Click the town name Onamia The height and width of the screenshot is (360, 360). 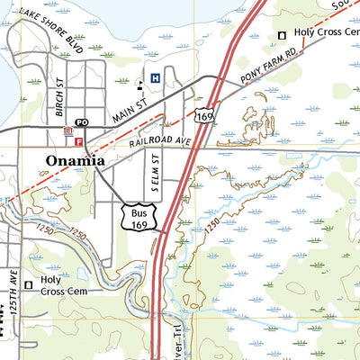[76, 160]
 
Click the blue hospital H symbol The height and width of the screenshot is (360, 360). [156, 79]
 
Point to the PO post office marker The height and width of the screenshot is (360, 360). [80, 121]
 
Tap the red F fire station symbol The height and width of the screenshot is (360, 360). [79, 141]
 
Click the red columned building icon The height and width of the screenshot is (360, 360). [67, 132]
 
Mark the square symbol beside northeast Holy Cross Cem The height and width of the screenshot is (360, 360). [282, 35]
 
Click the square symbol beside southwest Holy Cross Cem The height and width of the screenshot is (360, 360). [27, 285]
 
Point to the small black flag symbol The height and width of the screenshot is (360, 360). [139, 86]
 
